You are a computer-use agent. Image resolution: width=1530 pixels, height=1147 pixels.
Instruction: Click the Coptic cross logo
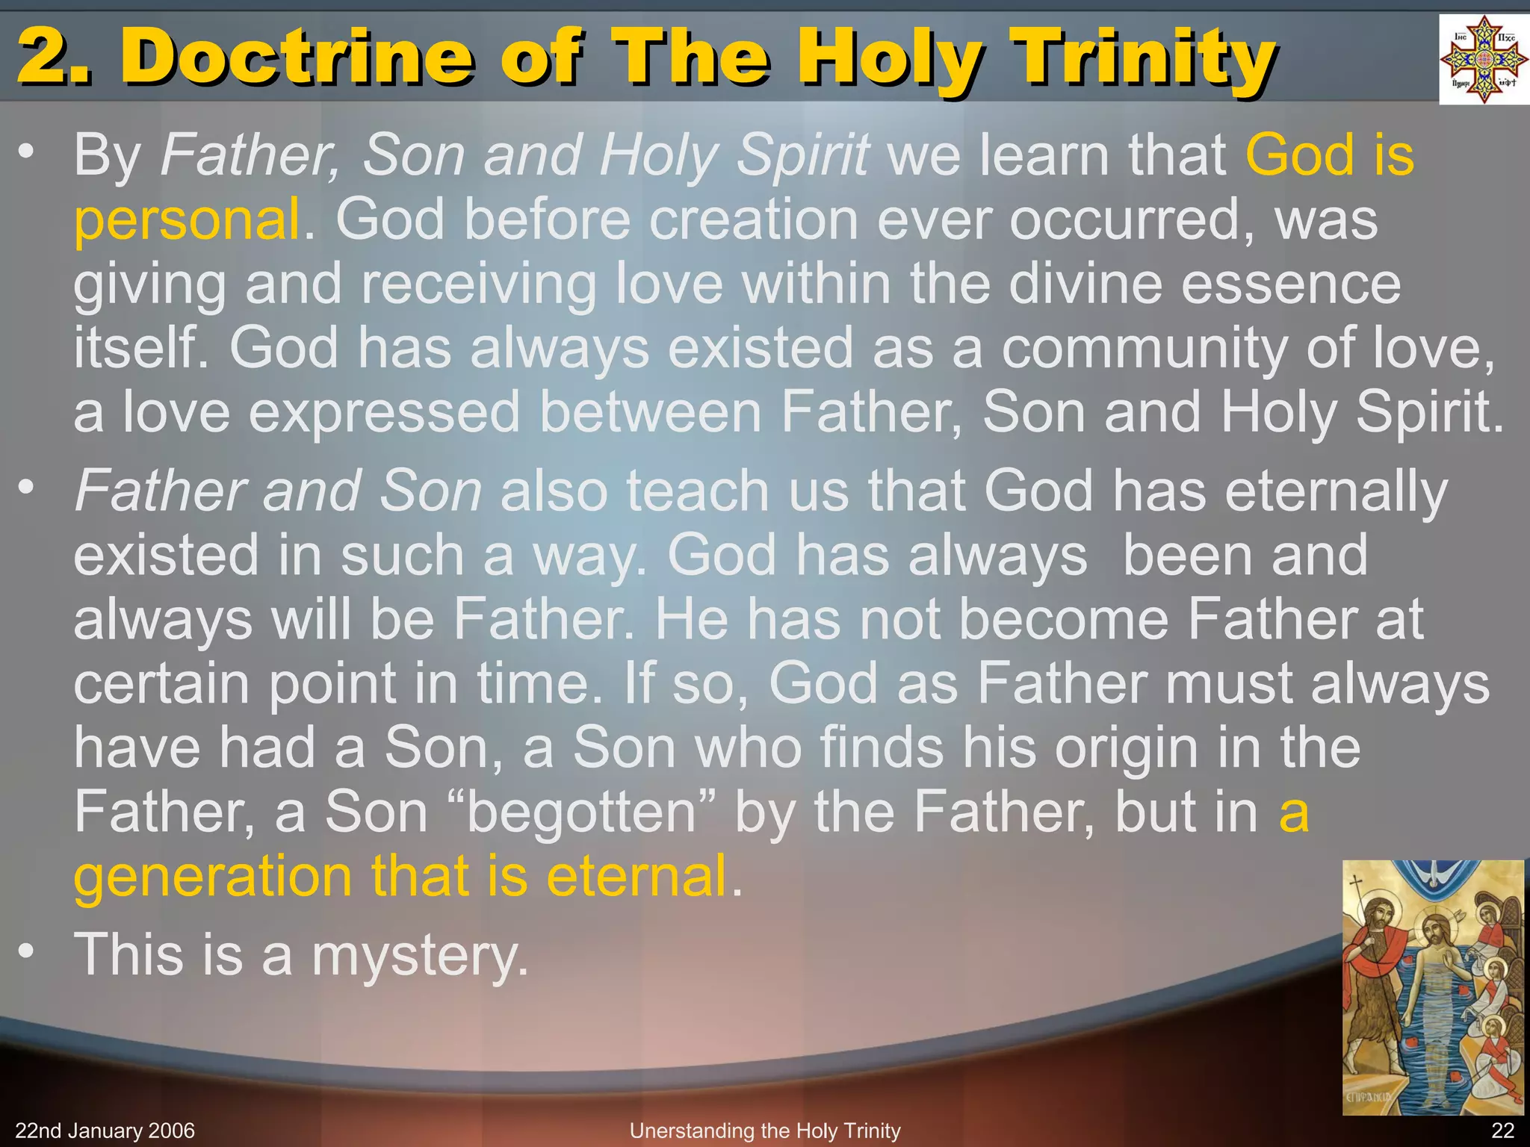[1483, 59]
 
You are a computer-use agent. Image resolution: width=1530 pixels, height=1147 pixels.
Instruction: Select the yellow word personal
[187, 220]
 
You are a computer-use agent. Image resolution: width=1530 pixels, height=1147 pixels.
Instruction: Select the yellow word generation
[213, 877]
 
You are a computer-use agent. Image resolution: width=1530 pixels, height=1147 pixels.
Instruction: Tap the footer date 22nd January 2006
[105, 1131]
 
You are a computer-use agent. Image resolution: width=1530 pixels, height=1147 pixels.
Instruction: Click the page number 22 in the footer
[1502, 1131]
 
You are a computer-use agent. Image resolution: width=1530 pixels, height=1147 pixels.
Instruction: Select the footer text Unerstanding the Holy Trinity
[765, 1131]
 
